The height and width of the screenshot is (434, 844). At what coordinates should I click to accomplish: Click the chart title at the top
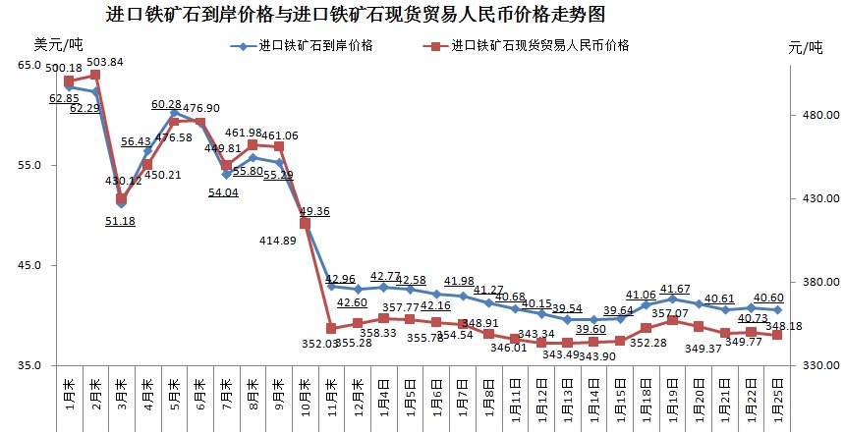pyautogui.click(x=354, y=14)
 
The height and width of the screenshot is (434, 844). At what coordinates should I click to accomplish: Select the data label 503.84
pyautogui.click(x=105, y=62)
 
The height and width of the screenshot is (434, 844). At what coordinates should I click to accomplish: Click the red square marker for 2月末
pyautogui.click(x=95, y=75)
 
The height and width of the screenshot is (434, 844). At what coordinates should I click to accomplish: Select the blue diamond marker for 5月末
pyautogui.click(x=174, y=113)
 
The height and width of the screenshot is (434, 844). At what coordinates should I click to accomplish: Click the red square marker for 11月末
pyautogui.click(x=331, y=328)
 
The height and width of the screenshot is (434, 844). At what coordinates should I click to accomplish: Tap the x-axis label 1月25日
pyautogui.click(x=778, y=399)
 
